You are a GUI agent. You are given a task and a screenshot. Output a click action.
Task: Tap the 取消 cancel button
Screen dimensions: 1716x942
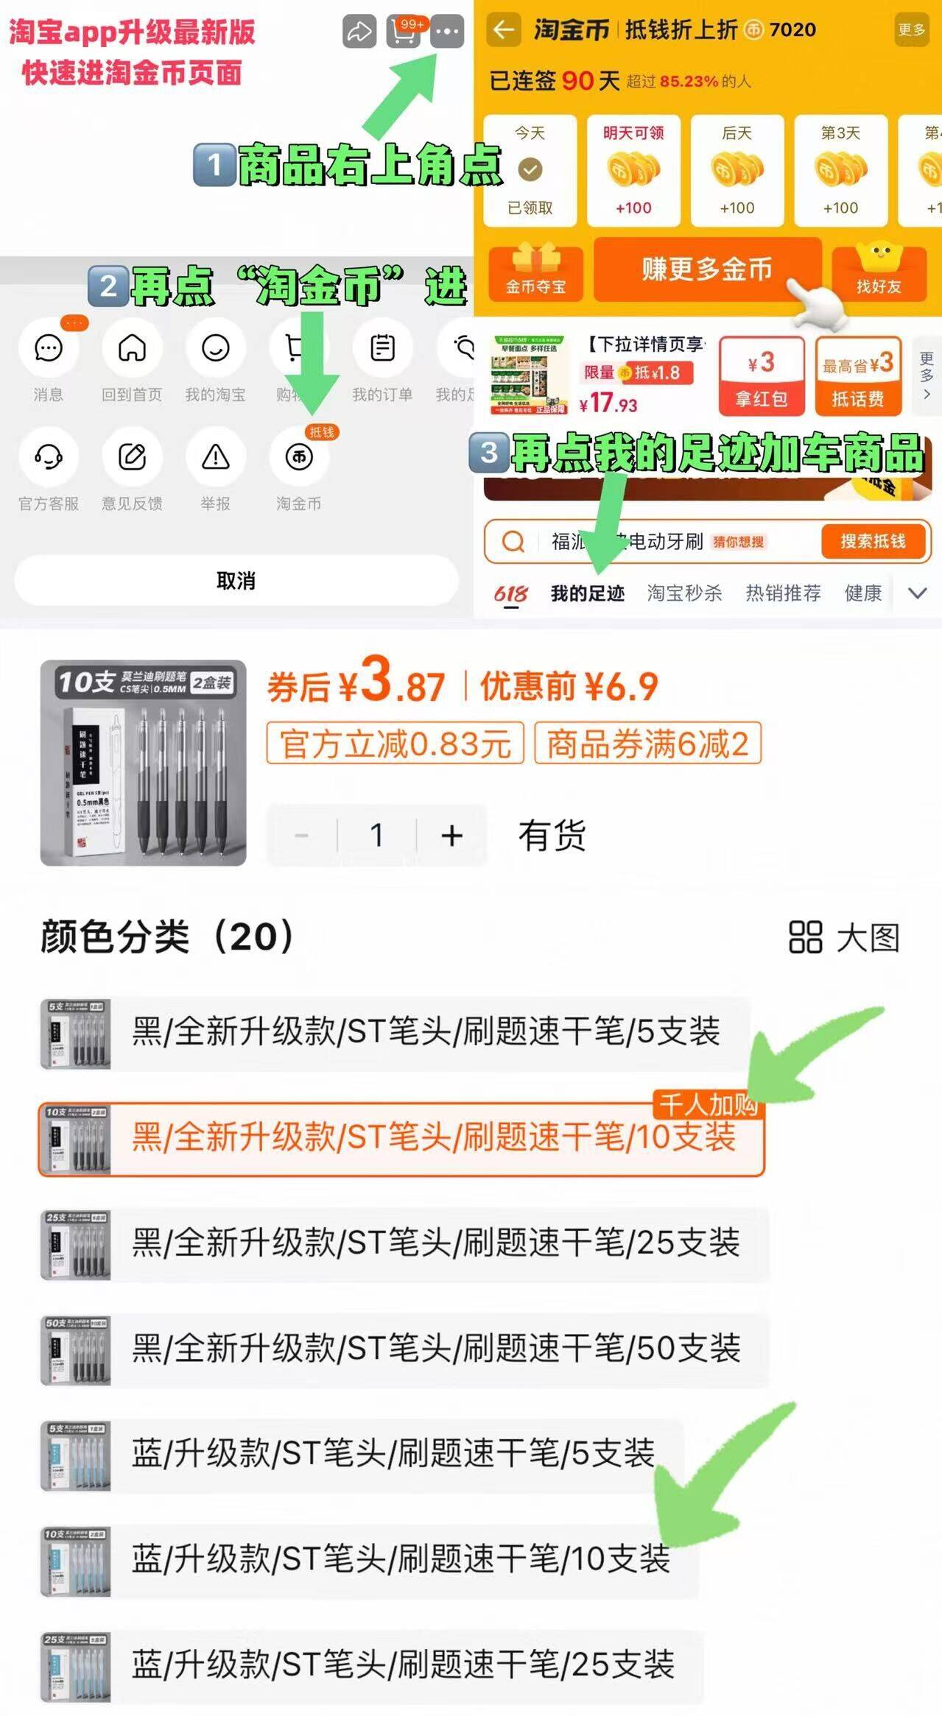[236, 581]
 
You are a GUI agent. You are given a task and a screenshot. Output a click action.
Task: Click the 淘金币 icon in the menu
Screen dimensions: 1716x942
[298, 457]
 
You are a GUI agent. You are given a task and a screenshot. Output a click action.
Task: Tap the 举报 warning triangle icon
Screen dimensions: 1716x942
[215, 457]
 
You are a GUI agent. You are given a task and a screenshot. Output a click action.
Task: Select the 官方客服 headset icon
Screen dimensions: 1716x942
[49, 457]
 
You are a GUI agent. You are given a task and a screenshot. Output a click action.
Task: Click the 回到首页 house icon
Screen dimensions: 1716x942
[132, 348]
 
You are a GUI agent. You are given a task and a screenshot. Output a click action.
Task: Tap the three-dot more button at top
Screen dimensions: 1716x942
[447, 32]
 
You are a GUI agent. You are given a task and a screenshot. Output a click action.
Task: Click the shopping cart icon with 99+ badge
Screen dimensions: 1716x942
[403, 32]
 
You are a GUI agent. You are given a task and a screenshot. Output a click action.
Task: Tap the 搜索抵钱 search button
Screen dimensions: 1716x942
[873, 541]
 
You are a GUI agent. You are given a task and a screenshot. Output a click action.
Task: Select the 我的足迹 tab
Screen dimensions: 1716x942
[587, 593]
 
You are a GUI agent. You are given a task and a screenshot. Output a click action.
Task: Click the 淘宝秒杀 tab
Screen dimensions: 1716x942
[684, 593]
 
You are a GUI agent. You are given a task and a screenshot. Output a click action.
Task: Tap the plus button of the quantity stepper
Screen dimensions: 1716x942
[451, 836]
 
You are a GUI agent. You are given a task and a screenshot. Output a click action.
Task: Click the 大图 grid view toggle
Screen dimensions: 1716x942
[844, 938]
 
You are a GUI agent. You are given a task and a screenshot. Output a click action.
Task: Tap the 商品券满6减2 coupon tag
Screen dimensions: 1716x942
[647, 744]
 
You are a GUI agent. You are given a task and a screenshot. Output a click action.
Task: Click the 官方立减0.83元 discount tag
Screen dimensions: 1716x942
[395, 744]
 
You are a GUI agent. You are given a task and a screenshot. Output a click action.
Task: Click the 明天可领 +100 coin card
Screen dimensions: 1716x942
[633, 171]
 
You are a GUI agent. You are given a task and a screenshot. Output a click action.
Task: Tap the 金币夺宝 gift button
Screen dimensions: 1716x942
[535, 273]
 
